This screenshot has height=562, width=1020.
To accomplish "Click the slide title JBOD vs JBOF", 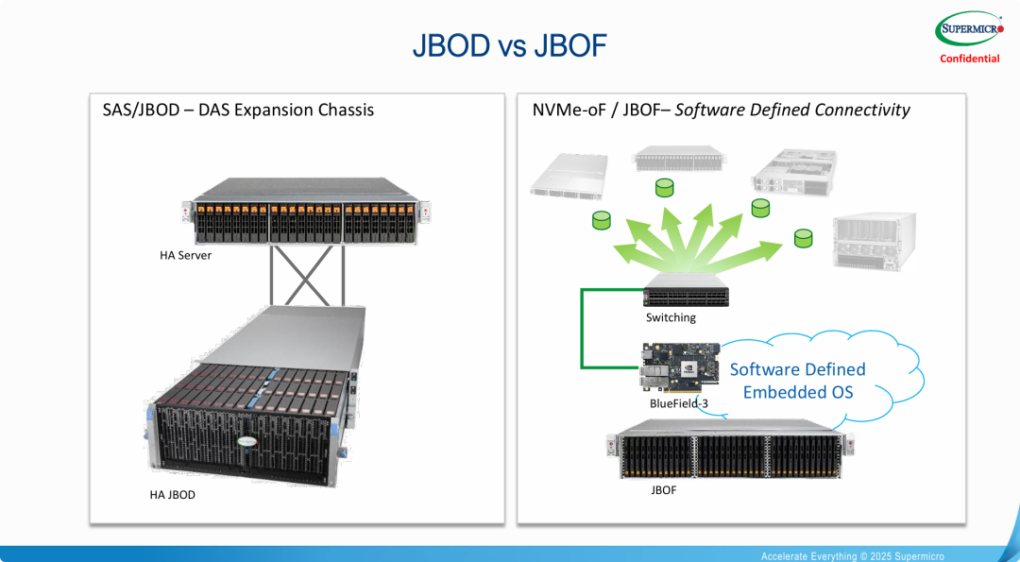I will (x=509, y=45).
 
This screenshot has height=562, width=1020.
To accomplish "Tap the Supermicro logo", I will (x=969, y=29).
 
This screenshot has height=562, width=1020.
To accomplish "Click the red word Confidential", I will (x=969, y=59).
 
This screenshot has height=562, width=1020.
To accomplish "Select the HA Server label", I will (x=185, y=255).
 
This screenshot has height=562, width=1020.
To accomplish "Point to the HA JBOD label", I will (x=173, y=495).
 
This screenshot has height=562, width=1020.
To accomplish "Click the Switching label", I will (x=671, y=317).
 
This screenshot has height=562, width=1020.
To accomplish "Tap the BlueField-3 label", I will (x=678, y=403).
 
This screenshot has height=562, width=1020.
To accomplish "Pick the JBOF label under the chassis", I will (x=663, y=490).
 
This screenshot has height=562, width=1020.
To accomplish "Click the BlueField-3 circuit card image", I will (x=680, y=369).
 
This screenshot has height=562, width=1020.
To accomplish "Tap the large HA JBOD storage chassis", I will (x=251, y=397).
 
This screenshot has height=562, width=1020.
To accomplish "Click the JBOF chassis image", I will (x=731, y=456).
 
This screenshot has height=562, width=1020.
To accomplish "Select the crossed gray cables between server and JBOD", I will (x=306, y=275).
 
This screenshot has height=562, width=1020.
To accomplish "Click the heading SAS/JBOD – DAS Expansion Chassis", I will (x=238, y=110).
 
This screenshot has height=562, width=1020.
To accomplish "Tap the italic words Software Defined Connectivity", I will (x=792, y=110).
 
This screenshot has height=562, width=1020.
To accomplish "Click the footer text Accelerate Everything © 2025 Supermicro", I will (x=852, y=556).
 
